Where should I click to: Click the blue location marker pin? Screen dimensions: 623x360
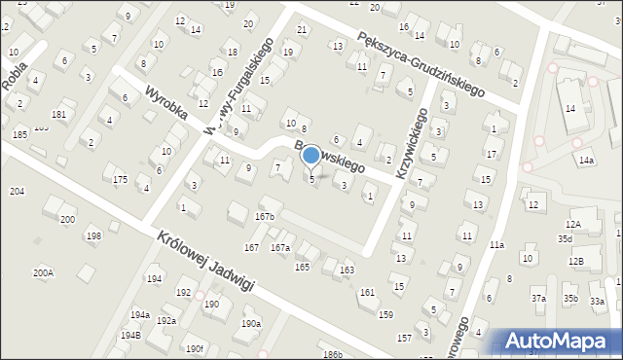(x=311, y=157)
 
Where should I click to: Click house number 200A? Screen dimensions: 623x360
(x=43, y=273)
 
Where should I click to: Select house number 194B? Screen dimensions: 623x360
(x=130, y=336)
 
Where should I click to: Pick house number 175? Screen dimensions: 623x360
(x=120, y=180)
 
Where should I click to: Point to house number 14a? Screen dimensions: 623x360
(x=585, y=160)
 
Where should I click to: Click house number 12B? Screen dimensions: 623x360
(x=576, y=261)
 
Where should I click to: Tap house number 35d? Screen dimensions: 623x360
(x=566, y=238)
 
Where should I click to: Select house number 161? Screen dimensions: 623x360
(x=367, y=292)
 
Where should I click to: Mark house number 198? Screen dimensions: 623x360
(x=92, y=236)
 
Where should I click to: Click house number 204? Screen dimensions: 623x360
(x=18, y=192)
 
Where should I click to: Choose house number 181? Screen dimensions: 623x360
(x=58, y=115)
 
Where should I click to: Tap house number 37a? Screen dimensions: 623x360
(x=538, y=298)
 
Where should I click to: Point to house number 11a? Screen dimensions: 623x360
(x=496, y=245)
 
